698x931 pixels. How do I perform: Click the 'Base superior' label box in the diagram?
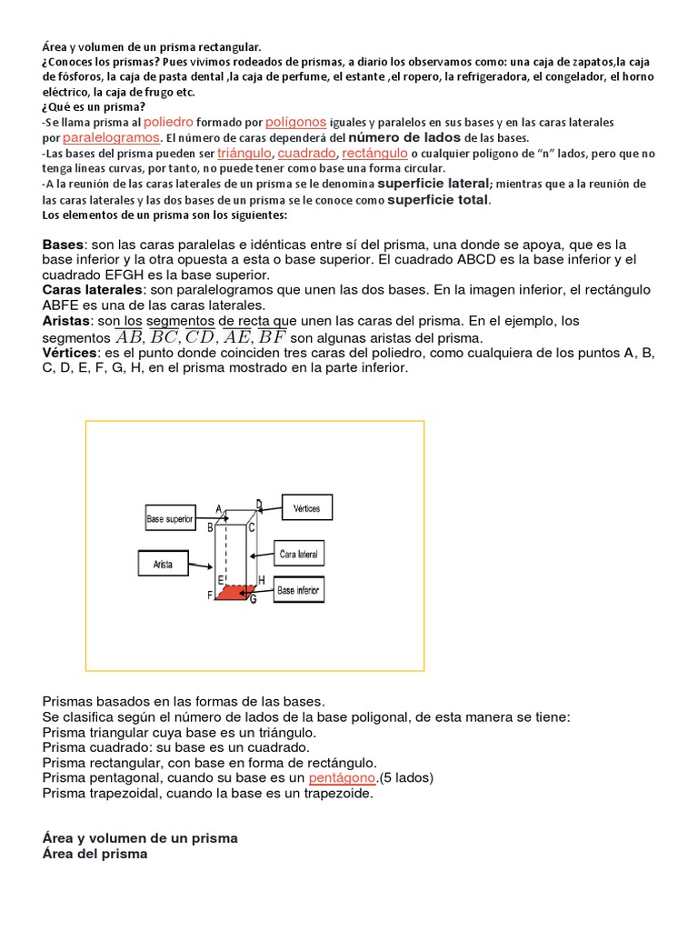(x=170, y=520)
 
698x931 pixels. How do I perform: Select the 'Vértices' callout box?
(x=307, y=508)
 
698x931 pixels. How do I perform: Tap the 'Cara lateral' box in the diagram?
(x=299, y=553)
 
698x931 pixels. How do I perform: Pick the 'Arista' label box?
(x=163, y=564)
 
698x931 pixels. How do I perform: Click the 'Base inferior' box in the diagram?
(x=298, y=590)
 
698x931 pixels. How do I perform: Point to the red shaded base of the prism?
(x=234, y=592)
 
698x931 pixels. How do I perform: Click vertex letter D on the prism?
(x=259, y=504)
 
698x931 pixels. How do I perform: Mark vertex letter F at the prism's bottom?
(x=210, y=595)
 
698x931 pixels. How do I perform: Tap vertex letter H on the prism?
(x=262, y=580)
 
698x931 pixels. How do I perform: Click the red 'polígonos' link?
(x=296, y=121)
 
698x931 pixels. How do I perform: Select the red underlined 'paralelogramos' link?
(x=112, y=137)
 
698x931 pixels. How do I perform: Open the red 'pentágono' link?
(x=342, y=778)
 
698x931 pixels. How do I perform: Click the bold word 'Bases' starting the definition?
(x=63, y=245)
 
